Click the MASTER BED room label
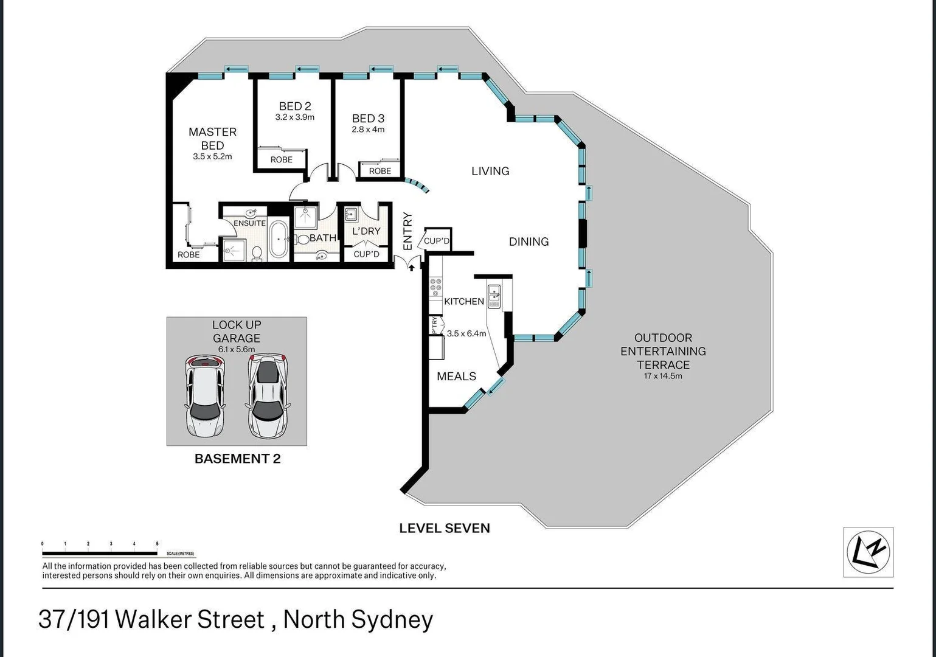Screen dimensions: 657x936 (212, 139)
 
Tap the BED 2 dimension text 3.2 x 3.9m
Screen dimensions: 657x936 (294, 117)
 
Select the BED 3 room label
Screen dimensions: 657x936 (368, 119)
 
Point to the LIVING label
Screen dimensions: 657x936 (490, 171)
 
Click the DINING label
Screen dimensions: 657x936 (529, 242)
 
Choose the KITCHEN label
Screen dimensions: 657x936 (464, 301)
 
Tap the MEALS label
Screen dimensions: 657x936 (456, 377)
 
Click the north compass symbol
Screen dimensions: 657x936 (868, 552)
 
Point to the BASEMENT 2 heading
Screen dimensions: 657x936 (237, 459)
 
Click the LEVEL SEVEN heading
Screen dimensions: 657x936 (444, 528)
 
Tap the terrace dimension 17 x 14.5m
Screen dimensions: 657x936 (663, 376)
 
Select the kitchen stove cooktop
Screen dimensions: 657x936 (435, 287)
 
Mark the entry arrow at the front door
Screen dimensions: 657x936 (411, 266)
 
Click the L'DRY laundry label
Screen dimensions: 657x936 (366, 231)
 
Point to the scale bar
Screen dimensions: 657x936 (100, 552)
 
